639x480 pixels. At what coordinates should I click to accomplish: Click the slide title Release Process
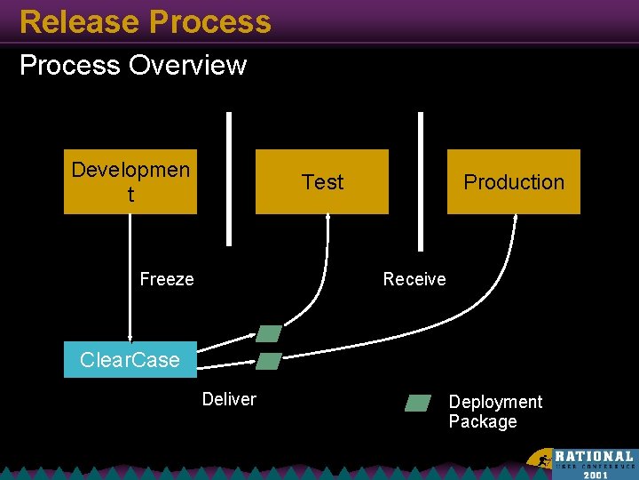point(145,21)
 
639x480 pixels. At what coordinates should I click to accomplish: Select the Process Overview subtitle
point(133,65)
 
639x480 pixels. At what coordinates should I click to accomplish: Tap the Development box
point(130,181)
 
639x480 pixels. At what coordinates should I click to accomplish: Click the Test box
point(322,181)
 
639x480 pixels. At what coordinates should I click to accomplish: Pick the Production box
point(514,181)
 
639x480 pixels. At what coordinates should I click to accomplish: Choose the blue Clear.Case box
point(130,360)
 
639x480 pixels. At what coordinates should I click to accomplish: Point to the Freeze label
point(167,279)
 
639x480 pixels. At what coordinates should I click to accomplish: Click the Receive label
point(414,279)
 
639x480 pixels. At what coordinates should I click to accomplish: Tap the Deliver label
point(229,399)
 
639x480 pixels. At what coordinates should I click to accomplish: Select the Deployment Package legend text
point(495,412)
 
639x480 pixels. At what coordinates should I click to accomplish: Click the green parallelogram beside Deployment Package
point(418,403)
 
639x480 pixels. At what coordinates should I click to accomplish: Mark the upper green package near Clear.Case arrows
point(269,333)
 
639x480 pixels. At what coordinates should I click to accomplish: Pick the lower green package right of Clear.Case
point(269,361)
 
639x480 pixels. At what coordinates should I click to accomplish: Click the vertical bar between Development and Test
point(229,178)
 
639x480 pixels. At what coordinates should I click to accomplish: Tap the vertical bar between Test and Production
point(421,178)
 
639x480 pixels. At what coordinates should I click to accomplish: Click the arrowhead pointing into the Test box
point(328,219)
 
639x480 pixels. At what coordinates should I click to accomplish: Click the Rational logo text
point(594,456)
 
